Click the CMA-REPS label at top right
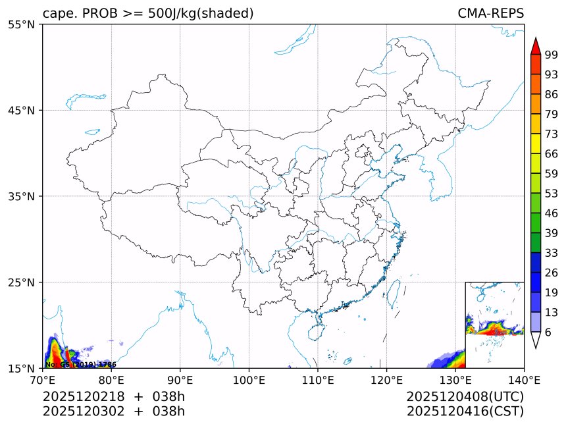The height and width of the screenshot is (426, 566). point(490,13)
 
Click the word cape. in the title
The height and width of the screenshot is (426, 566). point(59,13)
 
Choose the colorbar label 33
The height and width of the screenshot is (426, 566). point(551,253)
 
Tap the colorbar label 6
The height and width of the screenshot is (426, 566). point(548,333)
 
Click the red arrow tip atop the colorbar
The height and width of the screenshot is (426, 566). point(535,45)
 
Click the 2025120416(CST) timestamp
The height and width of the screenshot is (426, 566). point(465,412)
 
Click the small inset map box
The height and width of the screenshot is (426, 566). point(494,325)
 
